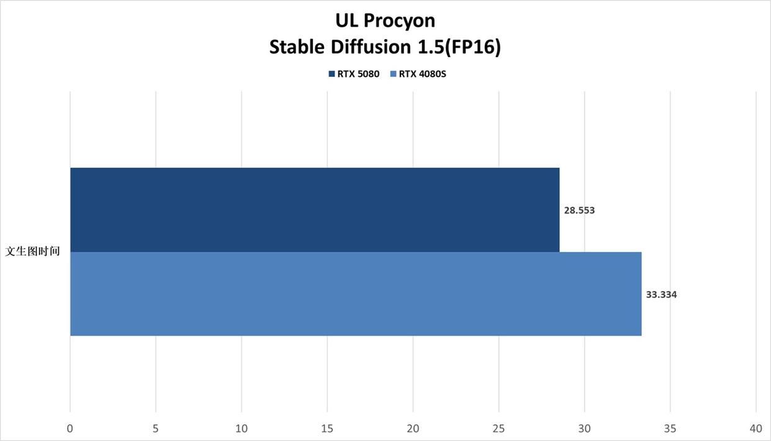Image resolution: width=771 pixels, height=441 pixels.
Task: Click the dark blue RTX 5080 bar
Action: pyautogui.click(x=315, y=210)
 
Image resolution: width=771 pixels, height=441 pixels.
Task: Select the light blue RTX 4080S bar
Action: pyautogui.click(x=356, y=294)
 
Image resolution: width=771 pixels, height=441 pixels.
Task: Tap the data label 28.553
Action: pyautogui.click(x=579, y=210)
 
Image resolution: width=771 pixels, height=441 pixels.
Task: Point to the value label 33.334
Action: pyautogui.click(x=661, y=295)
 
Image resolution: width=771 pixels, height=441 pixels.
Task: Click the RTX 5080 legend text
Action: pyautogui.click(x=358, y=74)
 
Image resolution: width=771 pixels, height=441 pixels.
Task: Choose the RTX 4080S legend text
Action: pyautogui.click(x=422, y=74)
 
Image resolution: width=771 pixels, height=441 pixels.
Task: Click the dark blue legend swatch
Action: pyautogui.click(x=332, y=74)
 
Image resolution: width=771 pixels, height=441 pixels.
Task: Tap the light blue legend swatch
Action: pyautogui.click(x=394, y=74)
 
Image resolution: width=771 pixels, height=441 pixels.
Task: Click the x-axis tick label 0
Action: pyautogui.click(x=70, y=429)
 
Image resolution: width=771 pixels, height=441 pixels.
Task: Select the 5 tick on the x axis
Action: pyautogui.click(x=156, y=429)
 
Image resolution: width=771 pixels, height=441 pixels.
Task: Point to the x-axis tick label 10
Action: pyautogui.click(x=241, y=429)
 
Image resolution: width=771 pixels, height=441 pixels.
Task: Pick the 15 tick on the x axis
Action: pyautogui.click(x=327, y=429)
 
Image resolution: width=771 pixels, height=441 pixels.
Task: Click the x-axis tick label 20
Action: pyautogui.click(x=413, y=429)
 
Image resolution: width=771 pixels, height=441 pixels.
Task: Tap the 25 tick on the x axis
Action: pyautogui.click(x=498, y=429)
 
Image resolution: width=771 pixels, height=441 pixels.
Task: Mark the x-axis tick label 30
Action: pyautogui.click(x=584, y=429)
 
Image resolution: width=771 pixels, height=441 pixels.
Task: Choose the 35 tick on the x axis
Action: pyautogui.click(x=670, y=429)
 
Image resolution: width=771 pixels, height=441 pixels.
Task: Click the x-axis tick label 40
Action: pyautogui.click(x=756, y=429)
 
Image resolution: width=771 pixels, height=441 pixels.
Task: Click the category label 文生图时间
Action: pyautogui.click(x=32, y=251)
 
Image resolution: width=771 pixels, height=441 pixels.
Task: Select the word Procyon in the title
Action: pyautogui.click(x=399, y=21)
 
